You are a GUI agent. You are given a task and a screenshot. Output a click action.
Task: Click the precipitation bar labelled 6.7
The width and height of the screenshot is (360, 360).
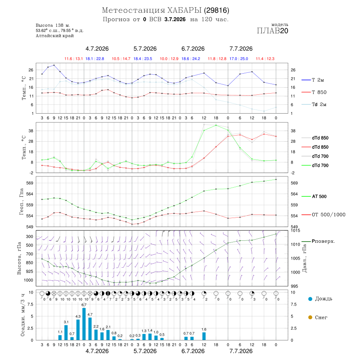point(84,324)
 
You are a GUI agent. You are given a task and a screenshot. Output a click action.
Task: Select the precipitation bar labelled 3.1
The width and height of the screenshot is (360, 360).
point(66,332)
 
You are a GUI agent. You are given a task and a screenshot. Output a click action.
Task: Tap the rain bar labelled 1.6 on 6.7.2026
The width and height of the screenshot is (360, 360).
point(204,336)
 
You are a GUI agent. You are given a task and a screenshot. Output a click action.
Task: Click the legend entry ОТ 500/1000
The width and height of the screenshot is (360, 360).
point(324,214)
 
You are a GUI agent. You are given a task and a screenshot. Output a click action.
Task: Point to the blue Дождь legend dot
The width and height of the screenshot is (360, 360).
point(310,299)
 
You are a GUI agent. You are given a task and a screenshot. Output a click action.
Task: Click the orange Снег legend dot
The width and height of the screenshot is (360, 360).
point(310,317)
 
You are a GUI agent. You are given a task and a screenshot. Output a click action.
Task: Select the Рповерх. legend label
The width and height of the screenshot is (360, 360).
point(323,241)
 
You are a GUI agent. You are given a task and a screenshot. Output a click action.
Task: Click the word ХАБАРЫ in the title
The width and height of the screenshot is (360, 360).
point(184,10)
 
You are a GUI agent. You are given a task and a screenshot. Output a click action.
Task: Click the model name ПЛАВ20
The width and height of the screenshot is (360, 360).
point(272,30)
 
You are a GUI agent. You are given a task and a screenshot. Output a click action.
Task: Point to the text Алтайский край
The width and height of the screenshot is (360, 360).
point(55,36)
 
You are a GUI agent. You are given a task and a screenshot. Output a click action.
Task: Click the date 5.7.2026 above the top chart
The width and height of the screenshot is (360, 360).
point(145,49)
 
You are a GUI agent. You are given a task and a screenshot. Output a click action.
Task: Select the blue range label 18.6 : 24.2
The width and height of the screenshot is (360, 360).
point(190,59)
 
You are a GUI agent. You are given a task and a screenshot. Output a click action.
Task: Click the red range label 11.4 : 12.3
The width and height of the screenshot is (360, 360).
point(265,59)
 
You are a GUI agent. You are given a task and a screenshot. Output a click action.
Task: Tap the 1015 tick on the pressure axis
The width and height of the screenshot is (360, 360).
point(294,230)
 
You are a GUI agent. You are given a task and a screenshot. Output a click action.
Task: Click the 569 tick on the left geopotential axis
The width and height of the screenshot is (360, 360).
point(30,183)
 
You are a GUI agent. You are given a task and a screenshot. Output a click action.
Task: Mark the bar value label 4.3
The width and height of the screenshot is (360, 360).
point(78,316)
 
